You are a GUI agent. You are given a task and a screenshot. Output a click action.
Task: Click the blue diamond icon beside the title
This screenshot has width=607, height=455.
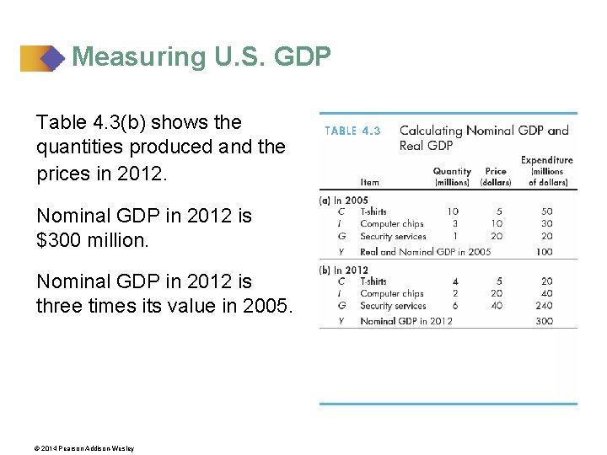pos(51,58)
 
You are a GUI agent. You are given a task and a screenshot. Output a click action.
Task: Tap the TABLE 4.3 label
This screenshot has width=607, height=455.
pos(352,131)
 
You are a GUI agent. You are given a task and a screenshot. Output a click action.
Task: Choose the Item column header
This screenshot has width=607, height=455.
pos(369,182)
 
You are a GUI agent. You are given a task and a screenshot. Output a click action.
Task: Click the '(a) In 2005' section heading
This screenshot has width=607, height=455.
pos(344,201)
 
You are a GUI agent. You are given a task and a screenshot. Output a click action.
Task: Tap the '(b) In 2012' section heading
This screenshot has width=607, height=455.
pos(345,270)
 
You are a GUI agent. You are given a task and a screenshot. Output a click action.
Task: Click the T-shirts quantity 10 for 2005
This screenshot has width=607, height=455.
pos(453,211)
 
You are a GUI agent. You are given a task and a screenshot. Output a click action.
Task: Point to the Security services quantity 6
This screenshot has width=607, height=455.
pos(454,306)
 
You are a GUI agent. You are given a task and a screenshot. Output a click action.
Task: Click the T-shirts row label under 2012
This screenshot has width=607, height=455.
pos(373,281)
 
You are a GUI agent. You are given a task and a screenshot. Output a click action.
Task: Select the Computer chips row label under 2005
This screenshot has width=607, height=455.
pos(391,224)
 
